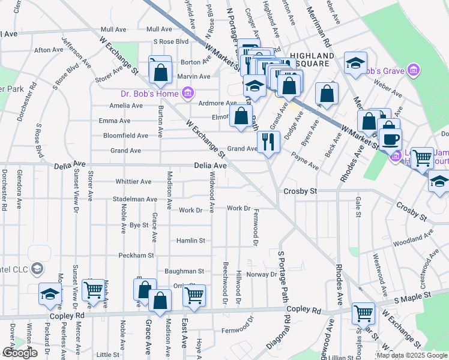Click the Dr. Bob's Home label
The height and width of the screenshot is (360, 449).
tap(149, 94)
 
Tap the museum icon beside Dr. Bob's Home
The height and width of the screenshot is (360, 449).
tap(187, 94)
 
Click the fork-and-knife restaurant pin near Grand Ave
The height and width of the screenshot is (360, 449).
tap(268, 142)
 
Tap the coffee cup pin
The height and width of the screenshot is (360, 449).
tap(390, 139)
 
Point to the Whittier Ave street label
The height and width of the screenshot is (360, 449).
tap(133, 181)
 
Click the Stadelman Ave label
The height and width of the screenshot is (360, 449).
tap(135, 199)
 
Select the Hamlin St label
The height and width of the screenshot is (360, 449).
tap(191, 241)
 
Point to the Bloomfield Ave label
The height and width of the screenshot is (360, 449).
tap(125, 136)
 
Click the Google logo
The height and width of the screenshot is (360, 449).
tap(20, 353)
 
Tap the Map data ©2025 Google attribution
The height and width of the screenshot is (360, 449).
tap(412, 355)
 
